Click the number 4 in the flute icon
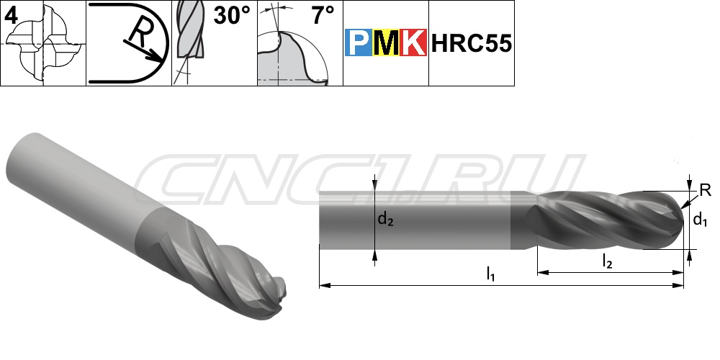pyautogui.click(x=11, y=16)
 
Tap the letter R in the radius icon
pyautogui.click(x=138, y=34)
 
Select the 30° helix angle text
pyautogui.click(x=233, y=16)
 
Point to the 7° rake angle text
pyautogui.click(x=323, y=16)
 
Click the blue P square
pyautogui.click(x=359, y=42)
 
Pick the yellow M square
pyautogui.click(x=386, y=42)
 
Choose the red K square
pyautogui.click(x=413, y=42)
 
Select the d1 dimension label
pyautogui.click(x=700, y=220)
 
